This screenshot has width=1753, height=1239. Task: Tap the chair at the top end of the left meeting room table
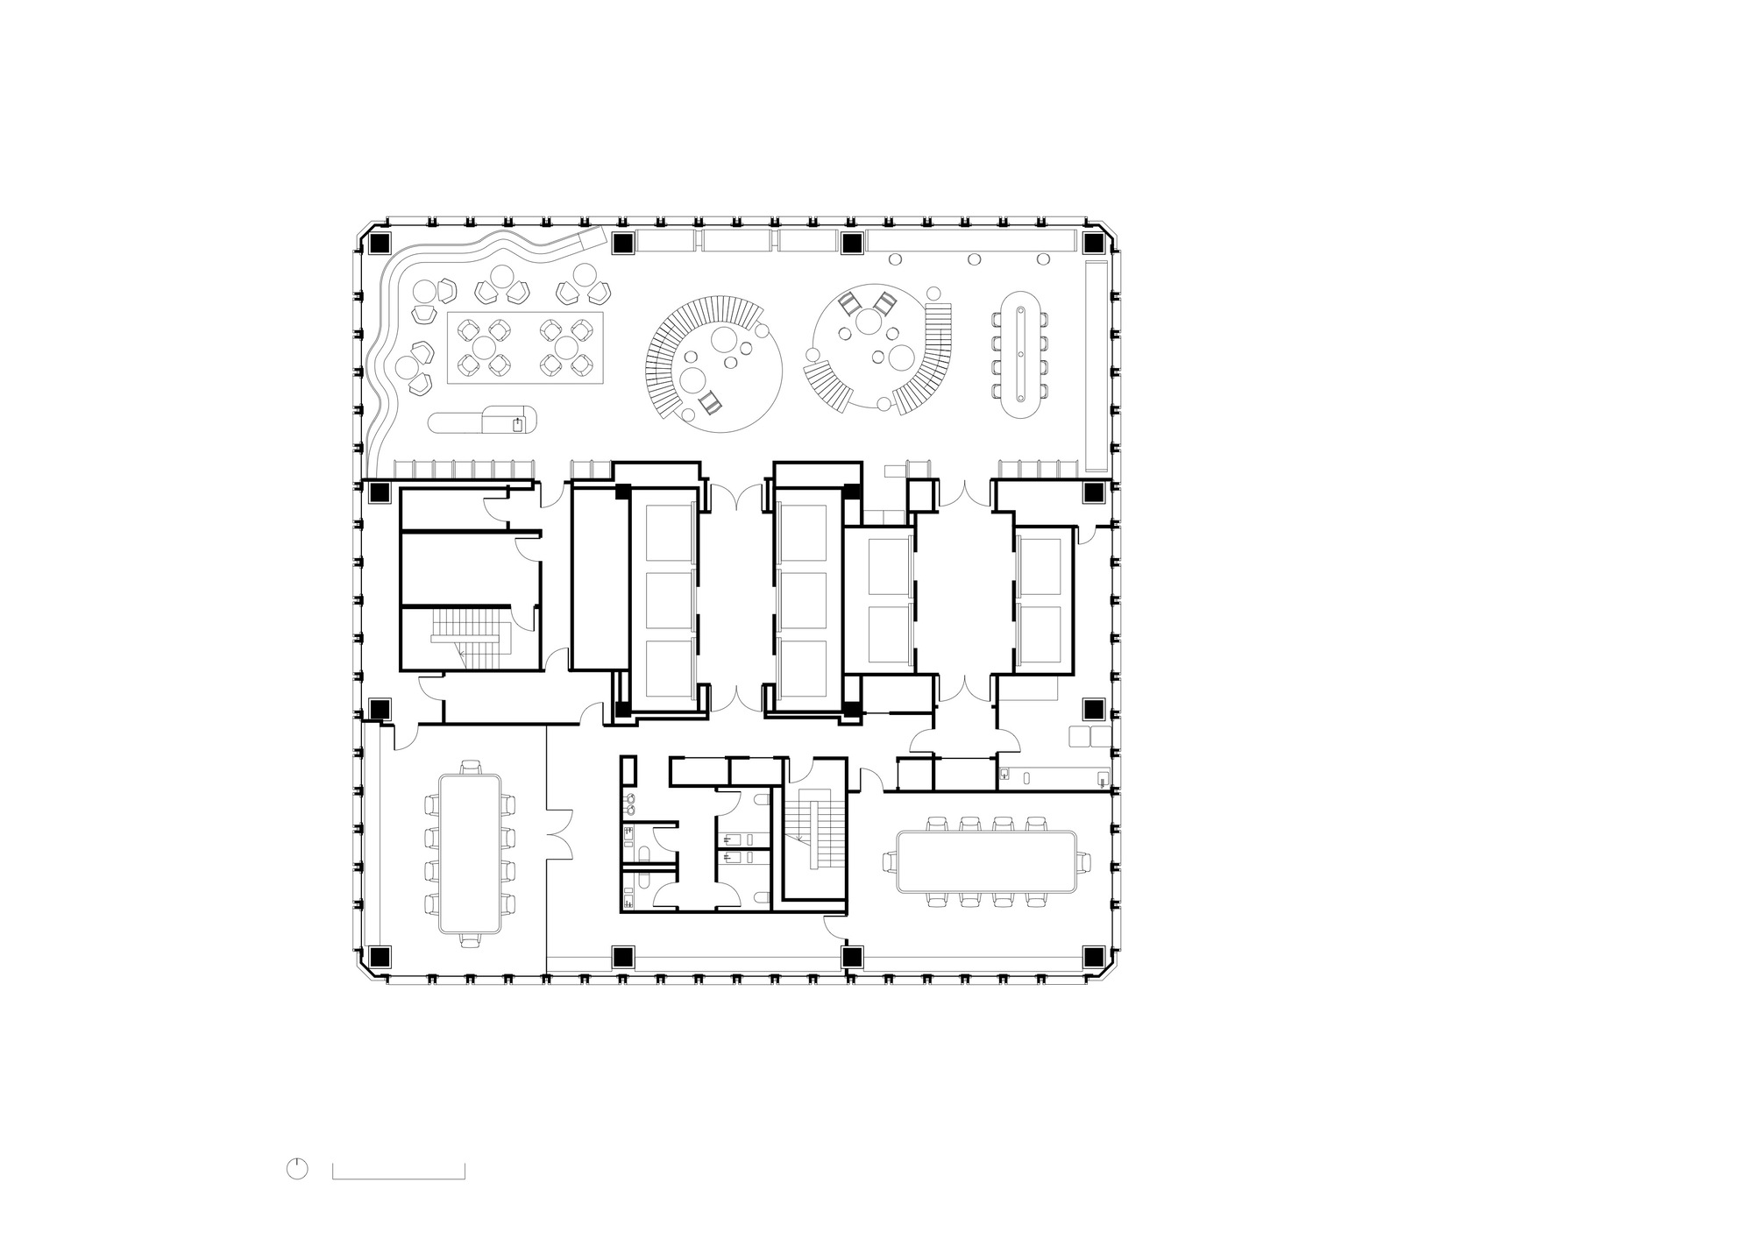471,768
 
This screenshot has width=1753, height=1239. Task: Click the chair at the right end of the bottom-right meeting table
1085,862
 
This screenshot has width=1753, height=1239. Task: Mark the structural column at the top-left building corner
380,243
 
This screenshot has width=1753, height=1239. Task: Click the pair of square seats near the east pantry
1089,735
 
